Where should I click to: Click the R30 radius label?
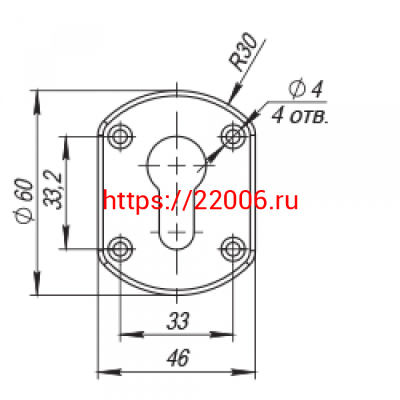pyautogui.click(x=243, y=52)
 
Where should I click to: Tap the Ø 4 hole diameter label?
pyautogui.click(x=306, y=88)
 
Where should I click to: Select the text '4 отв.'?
pyautogui.click(x=300, y=116)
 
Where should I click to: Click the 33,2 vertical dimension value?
pyautogui.click(x=53, y=190)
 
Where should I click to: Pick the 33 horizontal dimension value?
pyautogui.click(x=178, y=321)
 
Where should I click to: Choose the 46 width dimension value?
pyautogui.click(x=178, y=357)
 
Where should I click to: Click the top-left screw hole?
pyautogui.click(x=120, y=137)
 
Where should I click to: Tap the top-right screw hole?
pyautogui.click(x=233, y=137)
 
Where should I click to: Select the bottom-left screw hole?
pyautogui.click(x=120, y=249)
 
